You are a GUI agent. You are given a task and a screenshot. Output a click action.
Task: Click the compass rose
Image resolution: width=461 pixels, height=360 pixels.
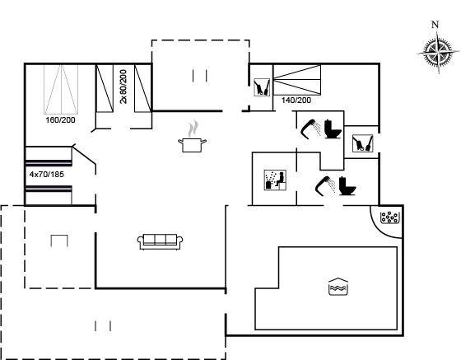pos(438,53)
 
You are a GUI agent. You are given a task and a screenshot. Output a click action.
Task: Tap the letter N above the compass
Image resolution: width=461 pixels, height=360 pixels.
pos(435,25)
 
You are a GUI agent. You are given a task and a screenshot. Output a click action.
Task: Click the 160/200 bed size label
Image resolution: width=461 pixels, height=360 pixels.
pos(60,120)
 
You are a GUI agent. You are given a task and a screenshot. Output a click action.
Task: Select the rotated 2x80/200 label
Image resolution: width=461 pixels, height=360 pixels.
pos(123,86)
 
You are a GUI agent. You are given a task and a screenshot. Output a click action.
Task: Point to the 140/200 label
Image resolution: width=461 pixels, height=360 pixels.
pos(296,101)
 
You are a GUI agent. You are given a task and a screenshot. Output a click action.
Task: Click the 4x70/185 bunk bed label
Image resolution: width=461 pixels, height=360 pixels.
pos(47,175)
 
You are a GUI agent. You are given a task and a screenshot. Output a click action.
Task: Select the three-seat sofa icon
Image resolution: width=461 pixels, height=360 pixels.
pos(161,242)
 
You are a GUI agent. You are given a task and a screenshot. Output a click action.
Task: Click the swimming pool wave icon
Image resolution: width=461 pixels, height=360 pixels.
pos(338,286)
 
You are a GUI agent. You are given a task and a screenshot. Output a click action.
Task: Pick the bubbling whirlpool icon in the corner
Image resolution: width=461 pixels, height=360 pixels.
pos(389,217)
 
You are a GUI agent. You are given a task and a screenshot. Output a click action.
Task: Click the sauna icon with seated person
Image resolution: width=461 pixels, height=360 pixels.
pos(275,180)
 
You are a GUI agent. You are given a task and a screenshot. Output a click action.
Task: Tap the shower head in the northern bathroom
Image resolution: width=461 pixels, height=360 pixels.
pos(311,129)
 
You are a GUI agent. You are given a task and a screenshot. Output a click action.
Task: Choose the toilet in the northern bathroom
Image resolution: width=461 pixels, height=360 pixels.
pos(333,129)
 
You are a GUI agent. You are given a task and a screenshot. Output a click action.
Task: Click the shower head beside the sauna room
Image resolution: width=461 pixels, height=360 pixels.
pos(325,185)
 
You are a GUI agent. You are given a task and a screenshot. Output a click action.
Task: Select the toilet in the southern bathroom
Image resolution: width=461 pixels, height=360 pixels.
pos(347,185)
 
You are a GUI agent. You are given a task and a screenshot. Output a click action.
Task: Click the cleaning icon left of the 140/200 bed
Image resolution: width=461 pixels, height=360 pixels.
pos(262,87)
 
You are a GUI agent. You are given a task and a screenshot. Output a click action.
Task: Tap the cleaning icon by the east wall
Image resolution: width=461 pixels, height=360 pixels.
pos(363,143)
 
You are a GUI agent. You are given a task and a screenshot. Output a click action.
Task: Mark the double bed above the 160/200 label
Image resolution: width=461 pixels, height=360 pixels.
pos(61,89)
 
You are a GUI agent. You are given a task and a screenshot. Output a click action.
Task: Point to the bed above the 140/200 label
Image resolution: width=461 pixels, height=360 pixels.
pos(297,80)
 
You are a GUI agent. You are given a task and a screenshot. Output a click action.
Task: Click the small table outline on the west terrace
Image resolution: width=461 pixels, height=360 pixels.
pos(59,241)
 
